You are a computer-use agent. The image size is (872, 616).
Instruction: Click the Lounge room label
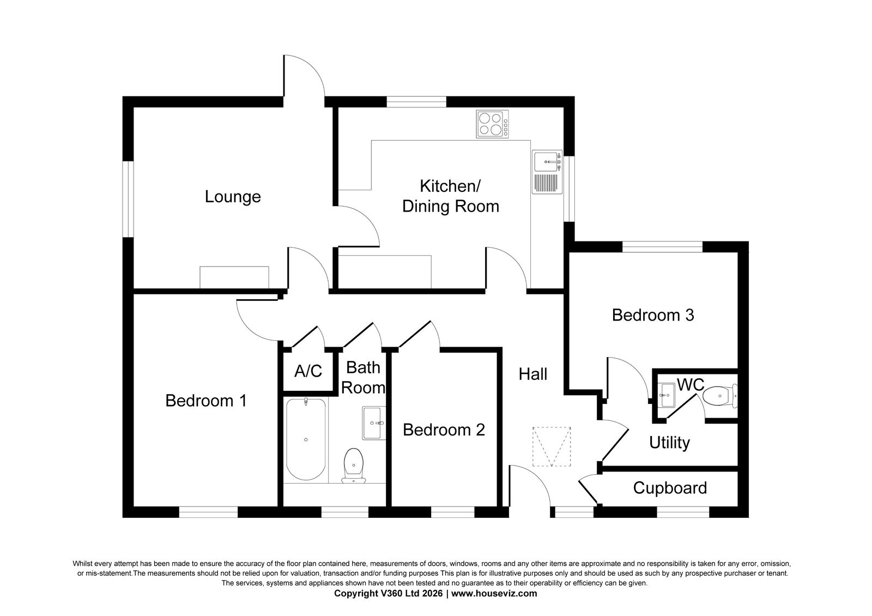click(233, 197)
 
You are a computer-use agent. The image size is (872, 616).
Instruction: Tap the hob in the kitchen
click(493, 124)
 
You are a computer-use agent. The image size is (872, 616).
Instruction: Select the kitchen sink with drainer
click(547, 172)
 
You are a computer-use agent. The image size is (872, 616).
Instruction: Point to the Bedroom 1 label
click(206, 401)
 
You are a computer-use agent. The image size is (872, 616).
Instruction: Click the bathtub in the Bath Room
click(306, 439)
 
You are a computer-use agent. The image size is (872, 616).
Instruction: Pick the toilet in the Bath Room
click(354, 466)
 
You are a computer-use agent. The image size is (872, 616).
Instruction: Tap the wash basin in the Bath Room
click(374, 423)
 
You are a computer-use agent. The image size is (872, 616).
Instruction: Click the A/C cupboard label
click(308, 371)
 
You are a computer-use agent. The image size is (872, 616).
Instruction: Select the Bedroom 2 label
click(444, 430)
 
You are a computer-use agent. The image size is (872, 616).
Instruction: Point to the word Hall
click(533, 374)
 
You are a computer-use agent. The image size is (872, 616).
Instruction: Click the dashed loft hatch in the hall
click(552, 446)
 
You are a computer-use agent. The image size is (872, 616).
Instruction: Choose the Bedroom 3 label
click(653, 315)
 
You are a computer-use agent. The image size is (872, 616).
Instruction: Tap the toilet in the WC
click(720, 396)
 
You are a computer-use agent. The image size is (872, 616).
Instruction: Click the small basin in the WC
click(666, 395)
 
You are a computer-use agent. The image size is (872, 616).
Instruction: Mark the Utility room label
click(670, 443)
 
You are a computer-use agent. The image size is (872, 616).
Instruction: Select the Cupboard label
click(670, 488)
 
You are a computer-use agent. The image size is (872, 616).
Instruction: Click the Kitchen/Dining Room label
click(450, 196)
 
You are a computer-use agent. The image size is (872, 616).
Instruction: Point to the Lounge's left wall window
click(128, 199)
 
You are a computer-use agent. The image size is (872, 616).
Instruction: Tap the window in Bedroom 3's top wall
click(662, 247)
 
